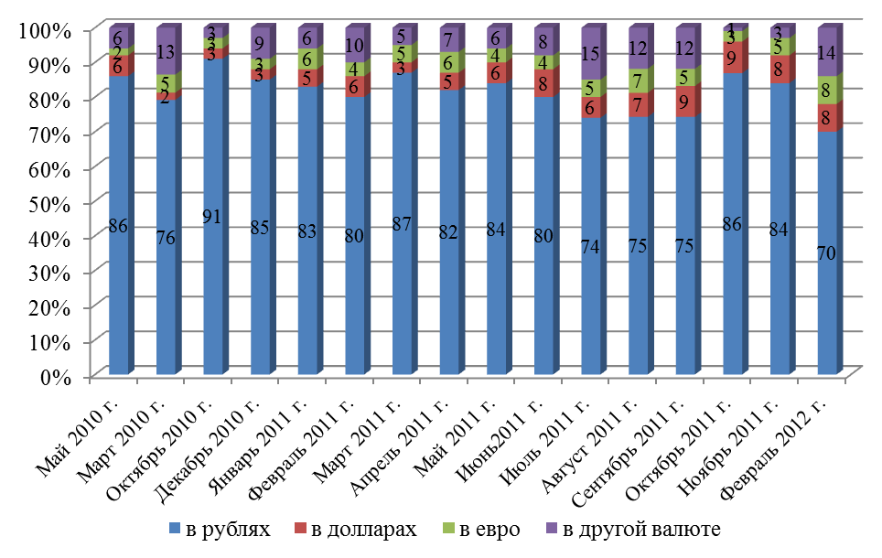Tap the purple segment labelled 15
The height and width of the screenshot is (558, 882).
coord(592,54)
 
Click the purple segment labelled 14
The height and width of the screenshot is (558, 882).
coord(828,52)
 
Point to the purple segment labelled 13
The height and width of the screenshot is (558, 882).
coord(167,51)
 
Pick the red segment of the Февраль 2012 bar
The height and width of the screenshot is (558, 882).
coord(828,117)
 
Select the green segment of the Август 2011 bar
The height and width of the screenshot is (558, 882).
coord(639,80)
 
